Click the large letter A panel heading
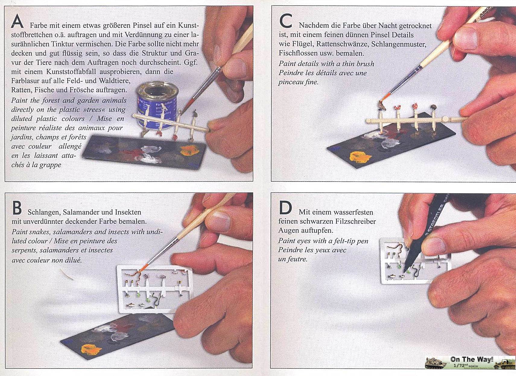(x=17, y=21)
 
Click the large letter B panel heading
(x=17, y=208)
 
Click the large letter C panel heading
(x=286, y=21)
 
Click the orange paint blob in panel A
(x=189, y=150)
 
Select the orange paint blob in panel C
(x=360, y=157)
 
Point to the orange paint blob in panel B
(x=91, y=350)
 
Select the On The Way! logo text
(x=472, y=359)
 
